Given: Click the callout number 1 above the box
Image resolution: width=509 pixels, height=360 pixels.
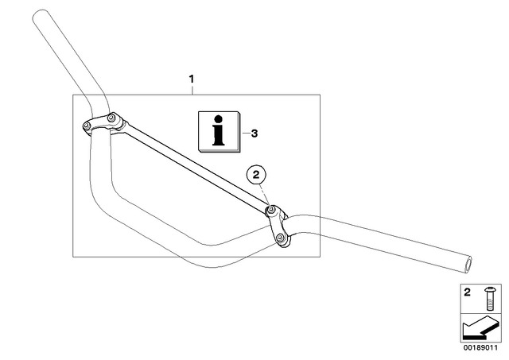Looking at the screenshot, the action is tap(192, 79).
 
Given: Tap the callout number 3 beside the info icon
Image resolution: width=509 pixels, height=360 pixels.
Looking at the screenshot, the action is tap(254, 134).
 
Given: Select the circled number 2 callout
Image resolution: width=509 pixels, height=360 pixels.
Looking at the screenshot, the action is tap(256, 175).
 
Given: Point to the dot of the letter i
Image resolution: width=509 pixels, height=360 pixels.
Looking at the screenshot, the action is tap(219, 118).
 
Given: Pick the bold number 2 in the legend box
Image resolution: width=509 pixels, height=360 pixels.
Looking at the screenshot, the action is tap(467, 292).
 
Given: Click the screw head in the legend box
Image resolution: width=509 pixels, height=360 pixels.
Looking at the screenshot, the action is tap(489, 289).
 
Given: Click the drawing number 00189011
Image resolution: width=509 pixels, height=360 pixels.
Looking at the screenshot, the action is tap(480, 348).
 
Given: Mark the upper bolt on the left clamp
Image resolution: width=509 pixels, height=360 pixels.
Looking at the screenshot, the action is tap(111, 117).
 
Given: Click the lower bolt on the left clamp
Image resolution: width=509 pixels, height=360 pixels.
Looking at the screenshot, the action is tap(87, 126).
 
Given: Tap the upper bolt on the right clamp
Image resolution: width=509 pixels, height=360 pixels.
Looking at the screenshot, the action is tap(271, 210).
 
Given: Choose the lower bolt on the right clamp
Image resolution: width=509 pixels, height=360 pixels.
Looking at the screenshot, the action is tap(281, 238).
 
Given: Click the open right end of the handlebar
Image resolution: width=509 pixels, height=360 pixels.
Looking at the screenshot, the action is tap(468, 263).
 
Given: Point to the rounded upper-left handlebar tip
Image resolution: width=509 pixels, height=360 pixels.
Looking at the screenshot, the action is tap(41, 14).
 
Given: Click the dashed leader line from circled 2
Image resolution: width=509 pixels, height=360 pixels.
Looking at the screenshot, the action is tap(266, 195).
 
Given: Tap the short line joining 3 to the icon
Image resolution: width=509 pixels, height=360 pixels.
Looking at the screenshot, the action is tap(246, 134).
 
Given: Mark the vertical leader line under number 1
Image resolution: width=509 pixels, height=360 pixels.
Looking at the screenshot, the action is tap(192, 90).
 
